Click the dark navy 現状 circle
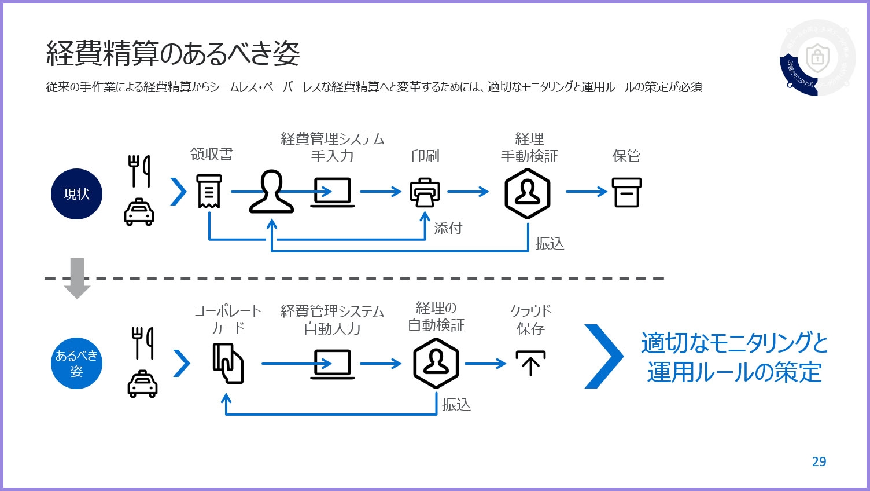tap(76, 194)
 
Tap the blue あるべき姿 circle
tap(76, 363)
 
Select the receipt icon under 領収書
tap(209, 191)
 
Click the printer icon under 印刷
tap(425, 192)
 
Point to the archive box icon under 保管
tap(626, 192)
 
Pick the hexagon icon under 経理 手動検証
tap(527, 193)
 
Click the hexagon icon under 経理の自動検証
tap(436, 363)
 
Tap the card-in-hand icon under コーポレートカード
tap(228, 363)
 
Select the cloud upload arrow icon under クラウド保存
tap(530, 363)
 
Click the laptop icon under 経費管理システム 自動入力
tap(333, 364)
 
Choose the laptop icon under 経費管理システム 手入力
tap(333, 192)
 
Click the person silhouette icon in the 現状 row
tap(271, 192)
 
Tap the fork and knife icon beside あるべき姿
tap(142, 343)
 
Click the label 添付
tap(448, 228)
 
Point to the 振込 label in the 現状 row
tap(550, 243)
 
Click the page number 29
tap(819, 461)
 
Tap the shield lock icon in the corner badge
tap(817, 57)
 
